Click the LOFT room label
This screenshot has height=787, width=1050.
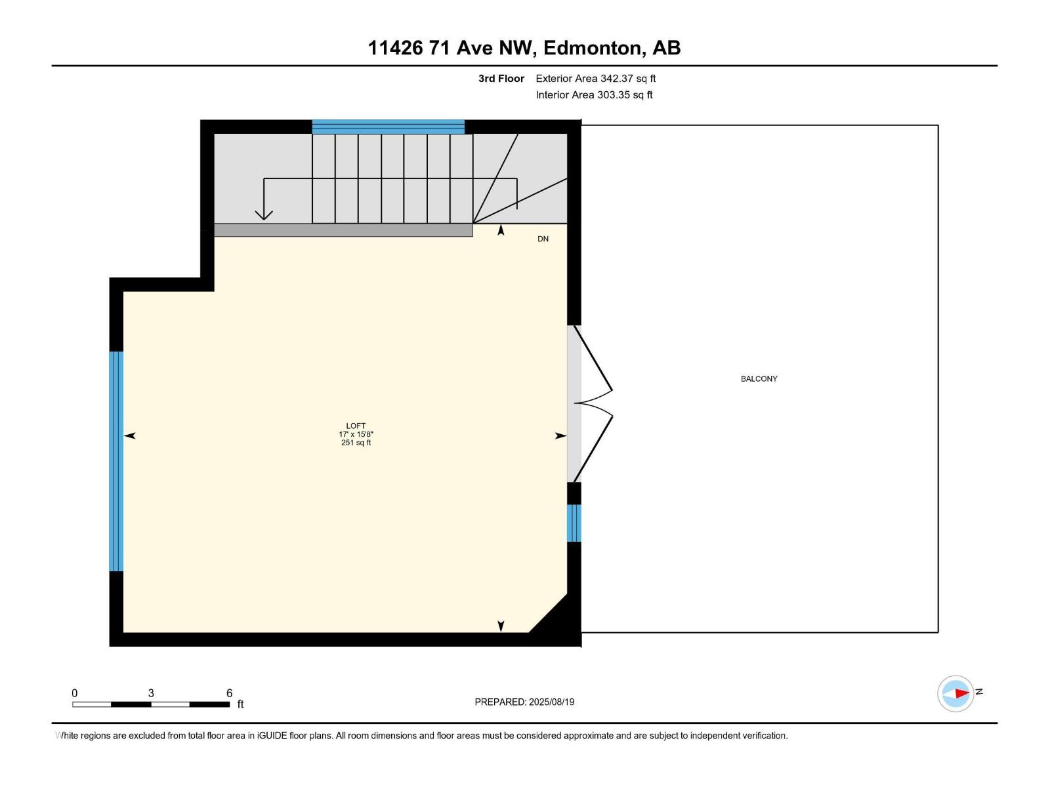point(356,426)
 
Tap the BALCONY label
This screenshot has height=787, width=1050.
point(759,378)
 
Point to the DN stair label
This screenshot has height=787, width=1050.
point(543,239)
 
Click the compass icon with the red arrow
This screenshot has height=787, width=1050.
point(955,693)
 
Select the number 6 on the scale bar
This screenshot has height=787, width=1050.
point(229,693)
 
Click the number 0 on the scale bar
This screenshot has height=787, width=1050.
point(75,693)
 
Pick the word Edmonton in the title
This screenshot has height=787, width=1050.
point(593,48)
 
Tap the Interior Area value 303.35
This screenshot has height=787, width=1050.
point(614,94)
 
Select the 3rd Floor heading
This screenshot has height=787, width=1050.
point(501,78)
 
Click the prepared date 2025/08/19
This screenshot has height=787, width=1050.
point(551,702)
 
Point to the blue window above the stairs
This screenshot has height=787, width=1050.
point(388,127)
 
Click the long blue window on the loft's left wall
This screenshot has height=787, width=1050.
point(116,461)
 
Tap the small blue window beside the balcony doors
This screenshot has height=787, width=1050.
point(574,523)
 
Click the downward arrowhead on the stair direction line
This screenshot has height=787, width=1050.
point(264,214)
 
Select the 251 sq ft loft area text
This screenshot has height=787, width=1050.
point(356,443)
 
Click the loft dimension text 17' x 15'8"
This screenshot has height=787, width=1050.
point(356,434)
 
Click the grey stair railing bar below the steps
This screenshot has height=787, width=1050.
point(343,230)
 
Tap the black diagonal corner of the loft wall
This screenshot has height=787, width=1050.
point(555,620)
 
